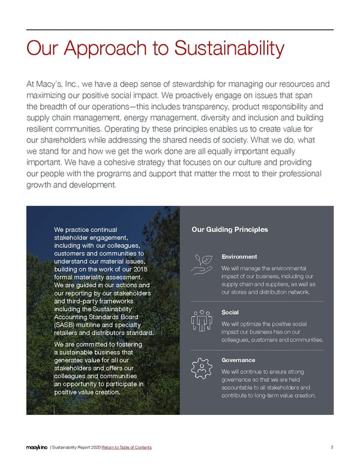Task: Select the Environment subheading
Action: coord(239,256)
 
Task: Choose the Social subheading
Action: coord(230,312)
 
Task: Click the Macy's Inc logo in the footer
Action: coord(37,447)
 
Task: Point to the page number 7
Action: coord(332,447)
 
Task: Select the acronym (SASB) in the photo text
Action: coord(67,325)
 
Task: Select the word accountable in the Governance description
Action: coord(240,387)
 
